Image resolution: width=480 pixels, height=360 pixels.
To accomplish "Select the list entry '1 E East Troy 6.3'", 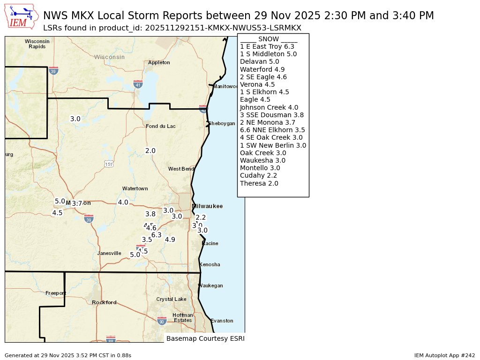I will (267, 46).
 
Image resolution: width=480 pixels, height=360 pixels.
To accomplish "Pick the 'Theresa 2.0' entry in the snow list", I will (259, 183).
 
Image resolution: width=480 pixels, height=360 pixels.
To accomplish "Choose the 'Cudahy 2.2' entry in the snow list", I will (258, 175).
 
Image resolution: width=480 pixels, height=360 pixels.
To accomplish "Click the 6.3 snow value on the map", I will (157, 235).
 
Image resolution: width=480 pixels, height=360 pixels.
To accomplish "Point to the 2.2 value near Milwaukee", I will (201, 217).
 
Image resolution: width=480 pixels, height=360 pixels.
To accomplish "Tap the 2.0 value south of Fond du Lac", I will (150, 150).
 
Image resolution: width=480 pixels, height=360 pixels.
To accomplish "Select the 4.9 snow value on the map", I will (170, 240).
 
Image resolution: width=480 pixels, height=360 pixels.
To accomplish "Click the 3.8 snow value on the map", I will (150, 214).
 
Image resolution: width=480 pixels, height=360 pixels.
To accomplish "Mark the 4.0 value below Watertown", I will (123, 202).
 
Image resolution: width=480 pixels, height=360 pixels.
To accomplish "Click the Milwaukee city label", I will (207, 206).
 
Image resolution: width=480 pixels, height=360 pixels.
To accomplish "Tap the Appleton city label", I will (159, 62).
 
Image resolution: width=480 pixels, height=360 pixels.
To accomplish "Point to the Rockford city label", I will (104, 302).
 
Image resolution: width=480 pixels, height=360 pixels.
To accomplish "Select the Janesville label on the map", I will (109, 253).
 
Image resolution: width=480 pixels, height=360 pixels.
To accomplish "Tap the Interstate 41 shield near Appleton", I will (138, 84).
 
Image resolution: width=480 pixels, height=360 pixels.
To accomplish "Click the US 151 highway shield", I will (109, 164).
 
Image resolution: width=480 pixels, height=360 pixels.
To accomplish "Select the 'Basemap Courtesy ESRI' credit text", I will (205, 338).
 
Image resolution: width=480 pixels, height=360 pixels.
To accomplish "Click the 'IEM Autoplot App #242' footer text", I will (444, 356).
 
